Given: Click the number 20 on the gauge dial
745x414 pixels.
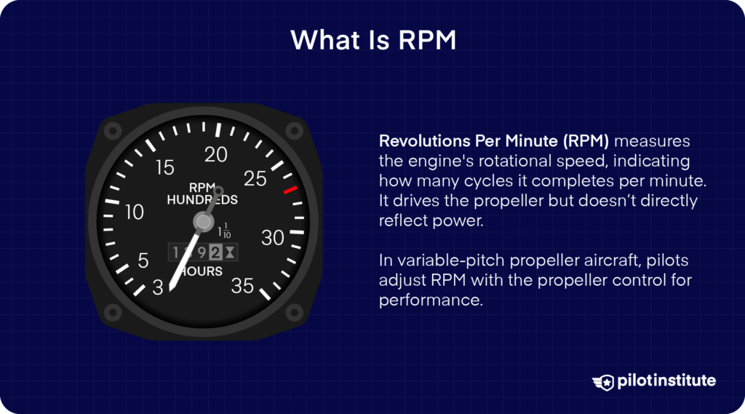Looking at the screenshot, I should (x=217, y=154).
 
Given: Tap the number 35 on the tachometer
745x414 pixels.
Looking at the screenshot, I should (x=242, y=286).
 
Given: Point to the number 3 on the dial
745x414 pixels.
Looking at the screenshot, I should (x=159, y=288).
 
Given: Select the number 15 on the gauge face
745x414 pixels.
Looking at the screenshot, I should (x=165, y=168).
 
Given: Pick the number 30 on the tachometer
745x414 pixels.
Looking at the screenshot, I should (x=274, y=238).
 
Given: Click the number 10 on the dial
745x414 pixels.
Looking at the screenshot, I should (x=135, y=212).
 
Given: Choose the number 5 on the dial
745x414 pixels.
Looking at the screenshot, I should (x=143, y=260).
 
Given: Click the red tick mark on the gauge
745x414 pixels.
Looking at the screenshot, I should (x=290, y=190).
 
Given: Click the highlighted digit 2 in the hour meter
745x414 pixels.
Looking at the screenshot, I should (x=216, y=252).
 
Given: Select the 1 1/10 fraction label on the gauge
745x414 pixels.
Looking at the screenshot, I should (x=226, y=232).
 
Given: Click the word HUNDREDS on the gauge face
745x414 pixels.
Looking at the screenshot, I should (x=202, y=199).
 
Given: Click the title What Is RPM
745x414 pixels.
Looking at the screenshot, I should (x=372, y=39).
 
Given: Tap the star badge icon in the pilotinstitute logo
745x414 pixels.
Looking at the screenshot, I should (x=604, y=381).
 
